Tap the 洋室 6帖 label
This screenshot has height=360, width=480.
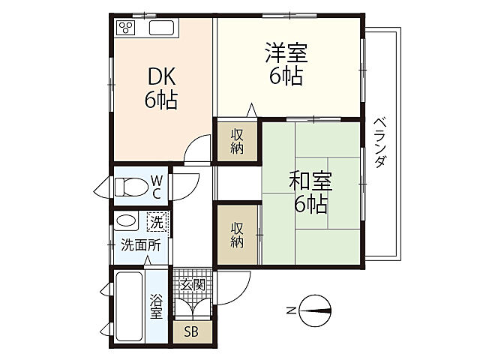286,65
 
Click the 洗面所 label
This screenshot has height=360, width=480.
140,244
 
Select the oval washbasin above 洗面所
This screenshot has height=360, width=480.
127,222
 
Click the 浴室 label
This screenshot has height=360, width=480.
156,306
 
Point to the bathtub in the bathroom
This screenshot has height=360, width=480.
129,305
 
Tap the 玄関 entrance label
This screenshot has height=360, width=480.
193,284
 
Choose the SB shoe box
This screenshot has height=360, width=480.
192,331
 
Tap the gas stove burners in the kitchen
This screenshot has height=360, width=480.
126,29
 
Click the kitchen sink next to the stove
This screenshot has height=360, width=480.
162,29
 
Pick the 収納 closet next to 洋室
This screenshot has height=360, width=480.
237,141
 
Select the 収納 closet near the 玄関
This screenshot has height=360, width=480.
237,233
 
